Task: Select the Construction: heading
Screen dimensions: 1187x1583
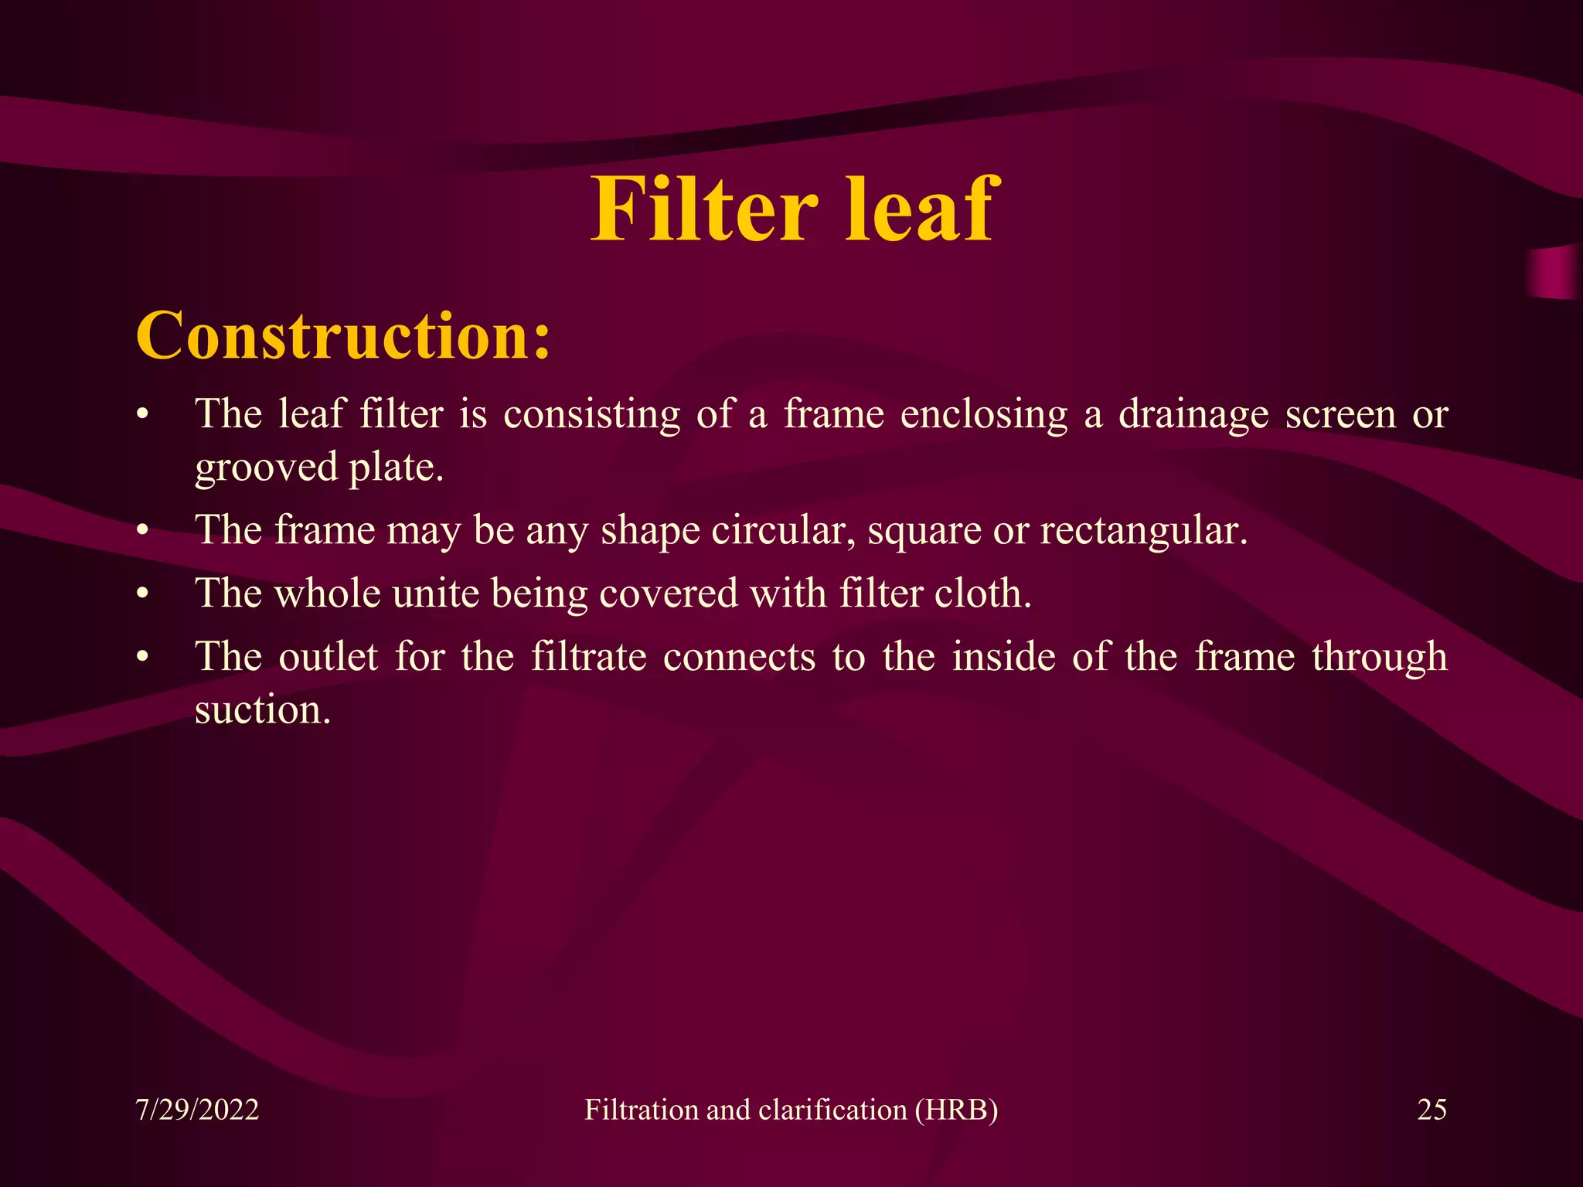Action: [343, 336]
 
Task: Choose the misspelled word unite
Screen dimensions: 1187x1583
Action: [435, 593]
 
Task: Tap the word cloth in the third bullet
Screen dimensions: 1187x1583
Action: [982, 593]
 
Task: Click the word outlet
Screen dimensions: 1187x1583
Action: [328, 657]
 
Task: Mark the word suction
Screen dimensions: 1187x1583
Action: [263, 710]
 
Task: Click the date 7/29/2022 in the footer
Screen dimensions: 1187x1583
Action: [197, 1110]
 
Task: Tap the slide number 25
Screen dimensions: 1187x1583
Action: [1432, 1110]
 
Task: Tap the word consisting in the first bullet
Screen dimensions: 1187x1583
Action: [591, 415]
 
